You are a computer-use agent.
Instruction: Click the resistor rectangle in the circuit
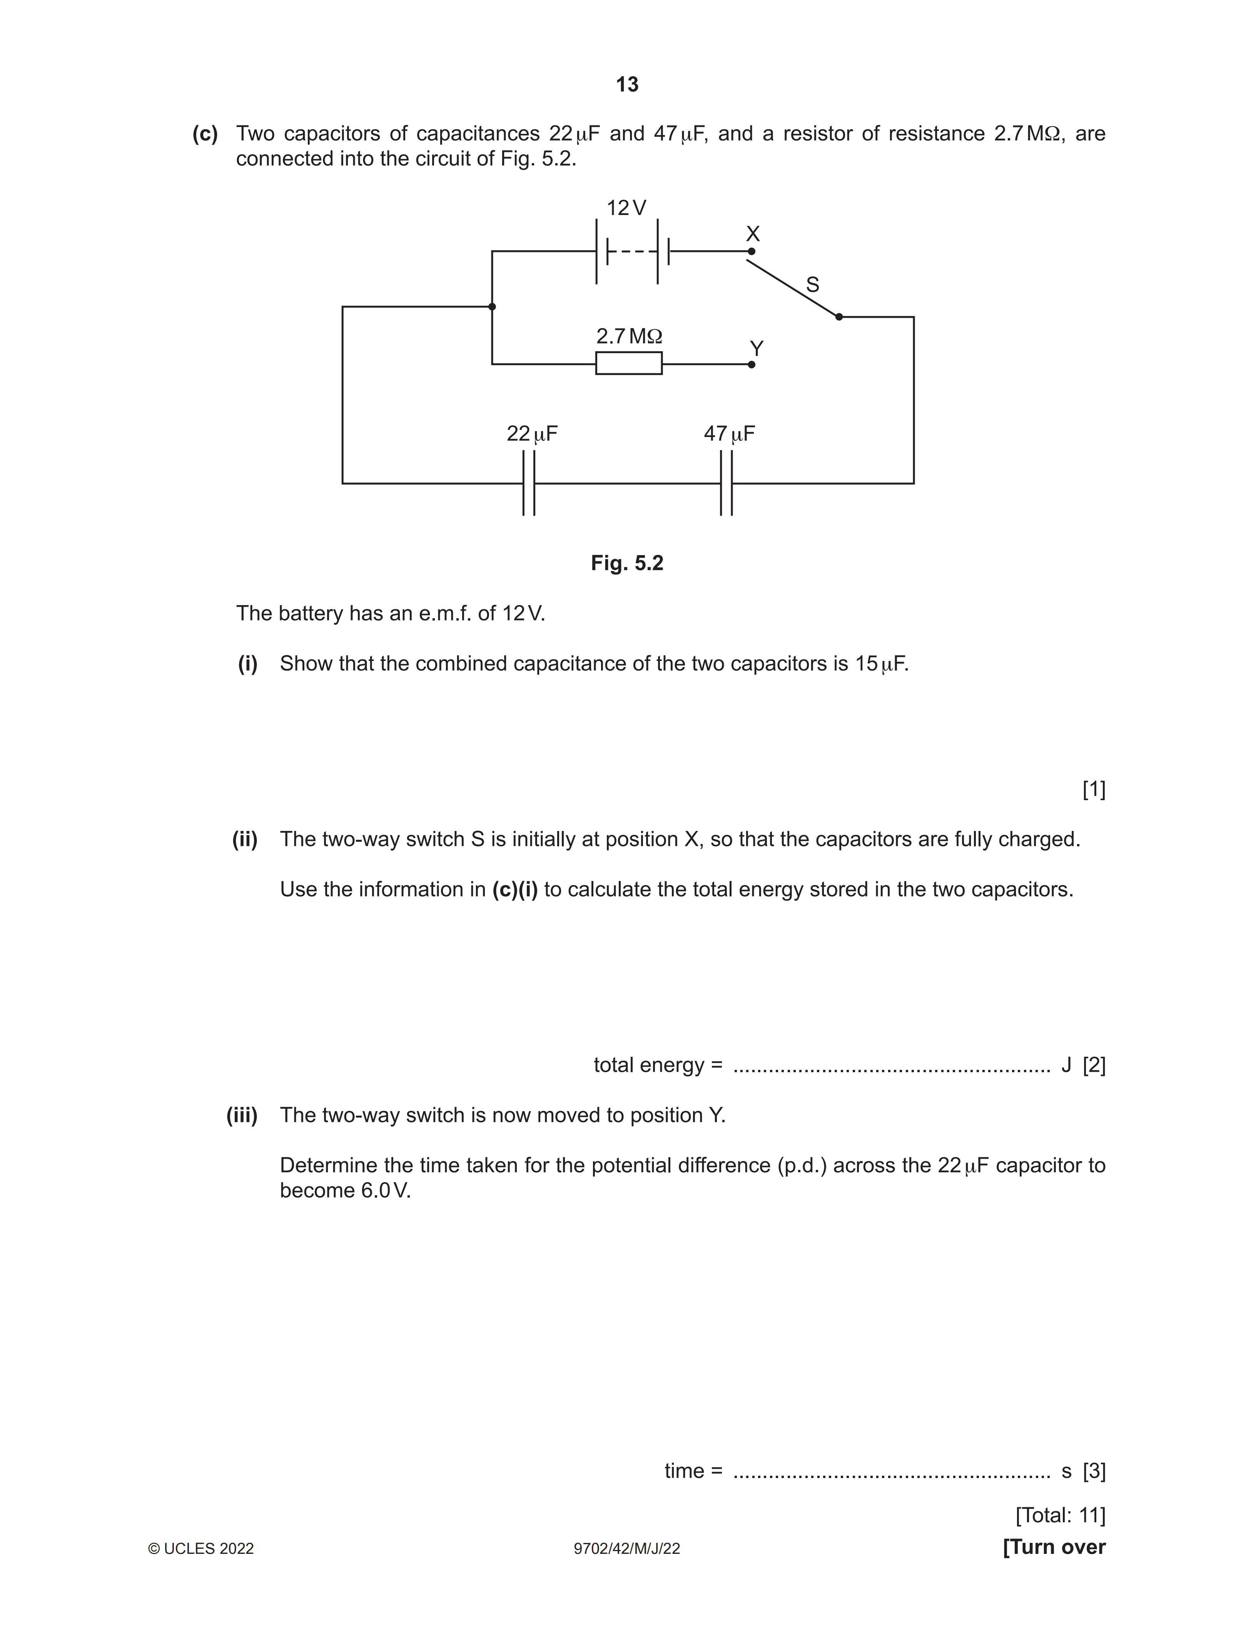pyautogui.click(x=629, y=363)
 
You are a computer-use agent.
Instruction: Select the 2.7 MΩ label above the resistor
pyautogui.click(x=629, y=336)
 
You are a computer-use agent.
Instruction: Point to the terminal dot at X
pyautogui.click(x=752, y=252)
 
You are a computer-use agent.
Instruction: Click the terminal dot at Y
pyautogui.click(x=752, y=365)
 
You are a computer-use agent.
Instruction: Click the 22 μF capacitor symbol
pyautogui.click(x=528, y=483)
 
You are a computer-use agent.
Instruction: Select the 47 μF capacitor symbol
pyautogui.click(x=726, y=483)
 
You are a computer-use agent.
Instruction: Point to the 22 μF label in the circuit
pyautogui.click(x=532, y=434)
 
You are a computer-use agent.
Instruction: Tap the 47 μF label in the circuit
pyautogui.click(x=729, y=434)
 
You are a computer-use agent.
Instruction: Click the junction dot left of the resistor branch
pyautogui.click(x=492, y=307)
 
